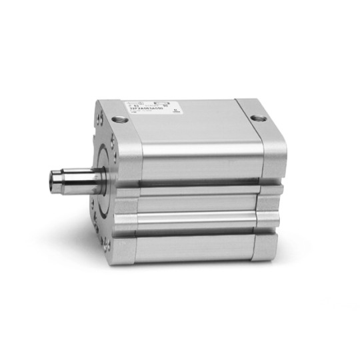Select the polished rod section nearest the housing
(90, 179)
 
